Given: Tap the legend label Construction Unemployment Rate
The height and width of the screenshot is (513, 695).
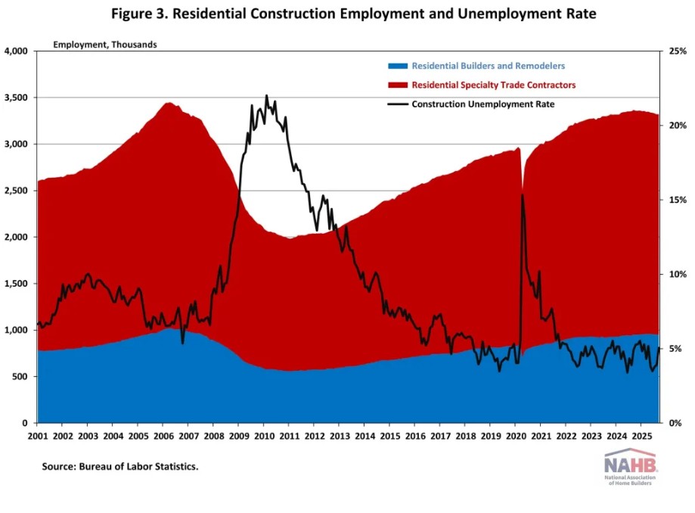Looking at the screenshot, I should (x=483, y=104).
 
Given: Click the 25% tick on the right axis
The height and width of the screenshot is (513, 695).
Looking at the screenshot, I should (x=676, y=51).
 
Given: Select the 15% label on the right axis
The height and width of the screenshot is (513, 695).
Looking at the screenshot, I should (x=676, y=200).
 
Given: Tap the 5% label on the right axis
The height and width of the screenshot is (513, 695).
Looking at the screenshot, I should (x=674, y=349).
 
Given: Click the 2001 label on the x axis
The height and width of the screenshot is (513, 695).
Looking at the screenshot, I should (x=38, y=437).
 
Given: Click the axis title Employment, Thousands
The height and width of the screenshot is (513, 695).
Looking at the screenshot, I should (x=104, y=44).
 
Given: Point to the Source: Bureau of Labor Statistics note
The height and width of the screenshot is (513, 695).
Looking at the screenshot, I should (x=119, y=467).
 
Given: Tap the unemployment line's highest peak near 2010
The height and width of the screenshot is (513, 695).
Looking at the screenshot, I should (x=266, y=96).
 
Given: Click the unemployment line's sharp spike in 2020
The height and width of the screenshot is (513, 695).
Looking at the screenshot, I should (x=523, y=195).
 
